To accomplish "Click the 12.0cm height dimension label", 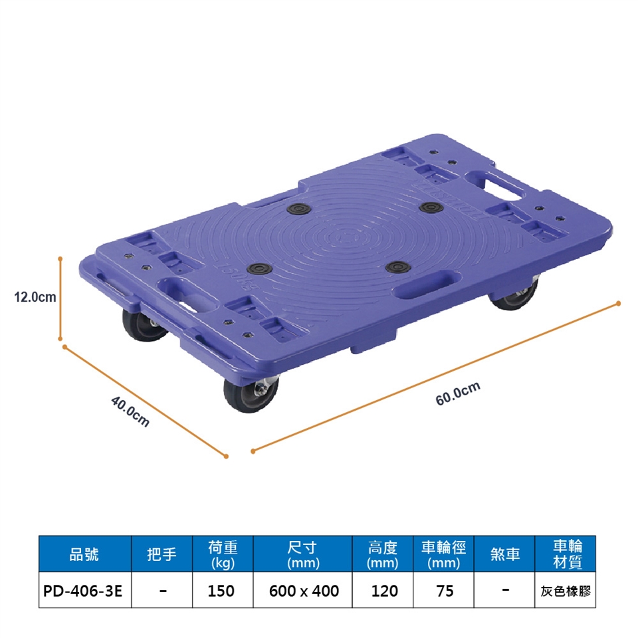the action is coord(35,297).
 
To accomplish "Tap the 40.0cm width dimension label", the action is coord(130,412).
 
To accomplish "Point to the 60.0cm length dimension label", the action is coord(458,393).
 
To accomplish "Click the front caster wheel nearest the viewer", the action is coord(251,393).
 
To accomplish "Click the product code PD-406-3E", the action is coord(82,591).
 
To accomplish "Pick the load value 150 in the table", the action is coord(221,591).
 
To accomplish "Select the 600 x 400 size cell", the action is coord(304,591).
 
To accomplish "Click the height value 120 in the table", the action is coord(384,591).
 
